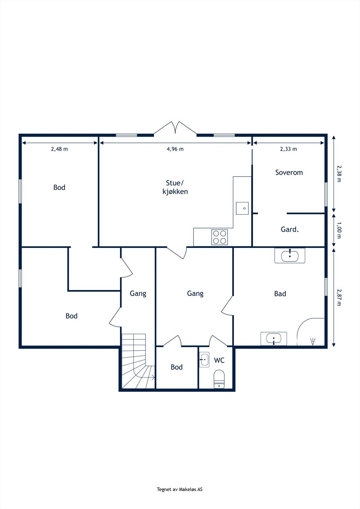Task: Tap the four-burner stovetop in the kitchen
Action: tap(219, 237)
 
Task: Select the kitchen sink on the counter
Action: tap(242, 208)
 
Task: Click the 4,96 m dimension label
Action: tap(175, 149)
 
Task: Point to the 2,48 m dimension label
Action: tap(59, 149)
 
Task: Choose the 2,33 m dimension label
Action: tap(288, 149)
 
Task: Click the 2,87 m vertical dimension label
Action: tap(339, 297)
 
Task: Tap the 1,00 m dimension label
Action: tap(339, 230)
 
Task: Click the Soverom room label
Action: tap(289, 172)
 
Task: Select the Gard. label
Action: tap(290, 229)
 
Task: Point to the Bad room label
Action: tap(280, 294)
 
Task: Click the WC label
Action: tap(219, 360)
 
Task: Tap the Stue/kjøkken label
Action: tap(175, 187)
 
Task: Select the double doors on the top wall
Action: tap(175, 128)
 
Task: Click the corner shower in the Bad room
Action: tap(311, 332)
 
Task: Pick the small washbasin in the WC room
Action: tap(204, 359)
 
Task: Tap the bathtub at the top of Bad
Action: tap(290, 256)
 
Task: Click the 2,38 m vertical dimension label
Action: tap(339, 174)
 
